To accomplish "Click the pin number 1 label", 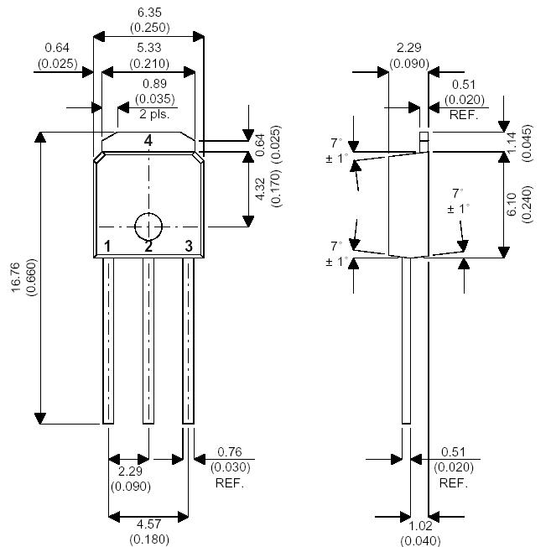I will click(107, 246).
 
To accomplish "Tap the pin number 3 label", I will click(189, 246).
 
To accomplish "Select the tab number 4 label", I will click(148, 141).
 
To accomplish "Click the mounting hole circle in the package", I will click(148, 227).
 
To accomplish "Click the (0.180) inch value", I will click(148, 538).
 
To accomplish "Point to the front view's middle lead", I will click(148, 340).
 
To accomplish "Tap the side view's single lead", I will click(407, 340).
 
